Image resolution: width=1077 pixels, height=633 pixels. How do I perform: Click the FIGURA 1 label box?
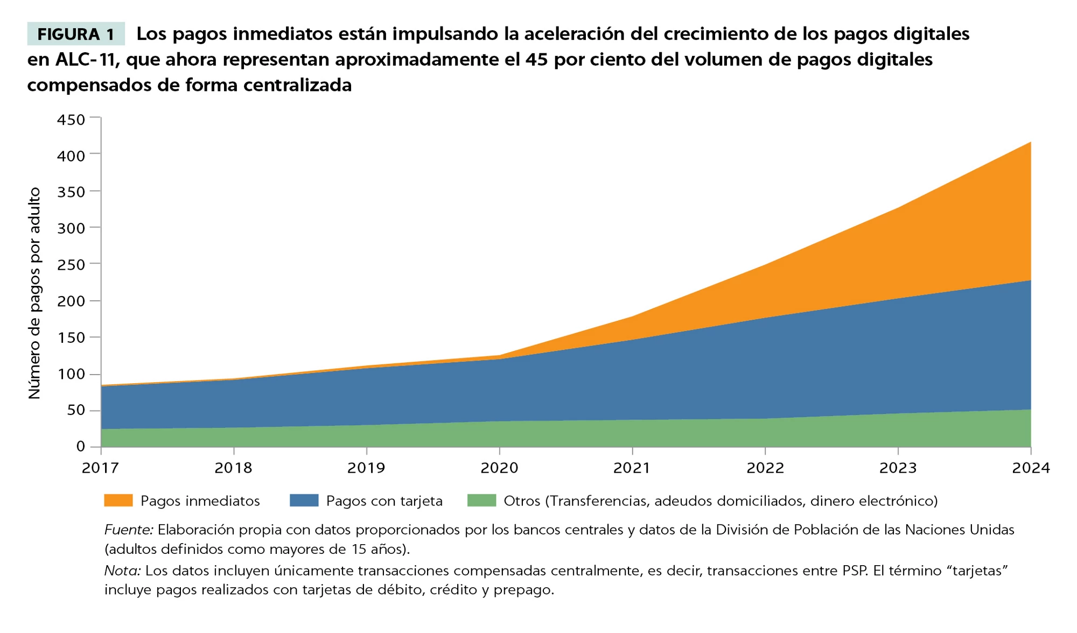click(x=76, y=34)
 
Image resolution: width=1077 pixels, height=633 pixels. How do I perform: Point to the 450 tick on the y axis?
click(x=71, y=119)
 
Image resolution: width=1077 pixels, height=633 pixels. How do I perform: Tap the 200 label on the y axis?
click(x=71, y=301)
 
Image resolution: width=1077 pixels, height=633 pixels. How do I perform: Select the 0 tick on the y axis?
click(x=81, y=446)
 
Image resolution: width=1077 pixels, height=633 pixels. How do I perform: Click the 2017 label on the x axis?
click(x=101, y=468)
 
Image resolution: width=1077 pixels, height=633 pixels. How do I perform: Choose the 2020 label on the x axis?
click(x=499, y=468)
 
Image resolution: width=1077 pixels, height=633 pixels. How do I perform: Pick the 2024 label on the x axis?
click(x=1031, y=468)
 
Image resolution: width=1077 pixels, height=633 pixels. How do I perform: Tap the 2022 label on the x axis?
click(x=765, y=468)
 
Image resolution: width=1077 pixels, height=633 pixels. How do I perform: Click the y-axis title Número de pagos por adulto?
click(x=34, y=293)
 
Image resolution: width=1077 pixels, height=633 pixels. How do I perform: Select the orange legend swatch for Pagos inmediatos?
click(x=118, y=501)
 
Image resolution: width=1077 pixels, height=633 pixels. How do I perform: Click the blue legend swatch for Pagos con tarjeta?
click(x=304, y=501)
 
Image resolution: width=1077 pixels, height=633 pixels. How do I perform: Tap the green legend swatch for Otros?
click(x=481, y=501)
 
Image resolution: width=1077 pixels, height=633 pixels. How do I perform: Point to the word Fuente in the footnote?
click(x=128, y=530)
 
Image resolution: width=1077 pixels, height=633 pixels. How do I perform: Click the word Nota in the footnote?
click(x=122, y=571)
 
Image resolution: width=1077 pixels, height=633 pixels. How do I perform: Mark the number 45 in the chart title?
click(x=537, y=59)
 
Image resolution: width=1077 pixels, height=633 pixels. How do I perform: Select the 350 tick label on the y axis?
click(x=71, y=192)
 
